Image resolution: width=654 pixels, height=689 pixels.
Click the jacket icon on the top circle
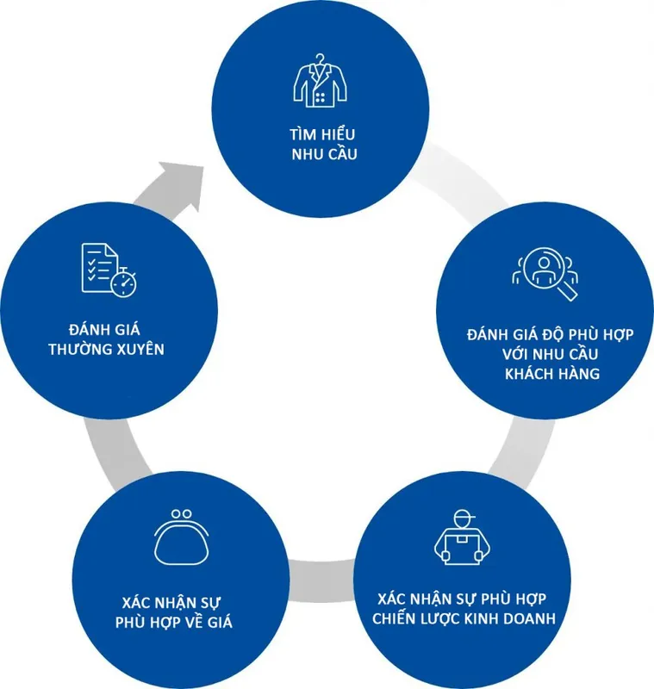pyautogui.click(x=320, y=81)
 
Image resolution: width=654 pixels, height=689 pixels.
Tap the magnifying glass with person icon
pyautogui.click(x=545, y=273)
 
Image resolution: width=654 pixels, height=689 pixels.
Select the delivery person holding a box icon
pyautogui.click(x=462, y=537)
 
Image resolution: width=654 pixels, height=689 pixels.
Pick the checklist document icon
pyautogui.click(x=109, y=270)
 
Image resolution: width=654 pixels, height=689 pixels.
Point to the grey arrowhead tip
pyautogui.click(x=204, y=167)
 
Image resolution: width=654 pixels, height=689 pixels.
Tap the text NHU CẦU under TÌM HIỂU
pyautogui.click(x=324, y=154)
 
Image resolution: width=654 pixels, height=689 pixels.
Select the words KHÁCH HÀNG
pyautogui.click(x=552, y=374)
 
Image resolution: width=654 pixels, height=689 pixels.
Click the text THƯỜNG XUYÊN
pyautogui.click(x=106, y=349)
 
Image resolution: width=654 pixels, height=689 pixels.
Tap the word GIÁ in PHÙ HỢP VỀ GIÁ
pyautogui.click(x=220, y=621)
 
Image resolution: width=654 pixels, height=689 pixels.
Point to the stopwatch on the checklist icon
pyautogui.click(x=123, y=282)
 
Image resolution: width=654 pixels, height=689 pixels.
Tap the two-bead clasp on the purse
pyautogui.click(x=182, y=514)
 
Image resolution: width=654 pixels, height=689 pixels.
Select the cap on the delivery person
pyautogui.click(x=464, y=515)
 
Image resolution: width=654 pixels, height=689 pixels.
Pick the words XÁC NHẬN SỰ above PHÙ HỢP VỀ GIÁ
pyautogui.click(x=171, y=602)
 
